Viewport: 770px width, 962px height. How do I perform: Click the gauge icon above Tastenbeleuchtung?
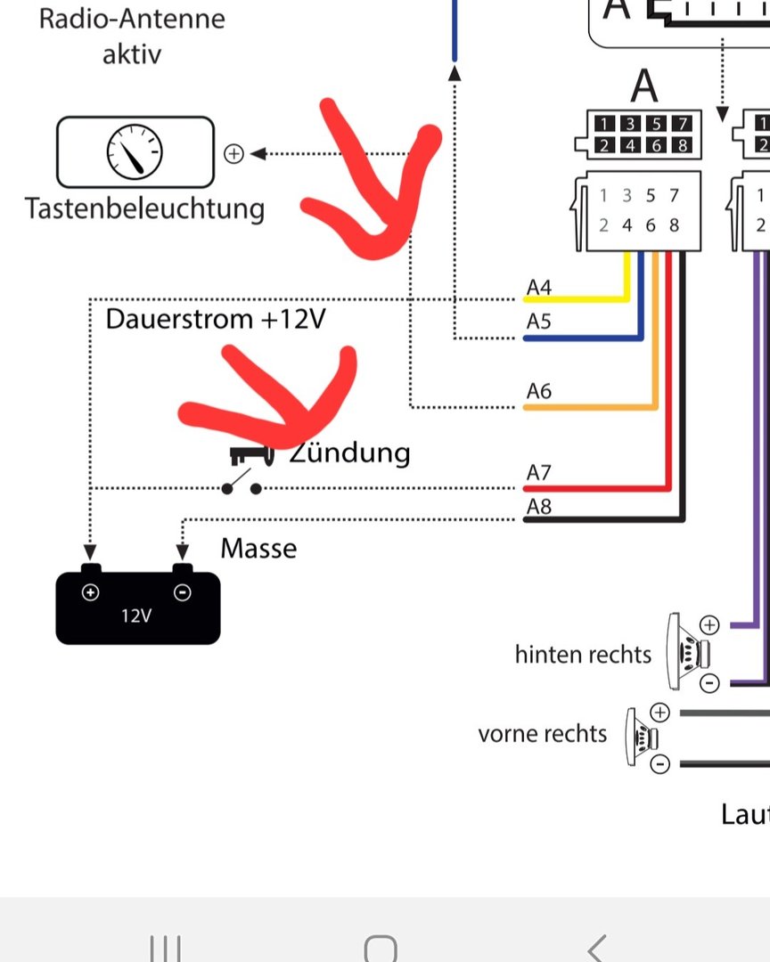[x=135, y=151]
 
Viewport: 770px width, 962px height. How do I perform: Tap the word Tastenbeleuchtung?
[x=145, y=209]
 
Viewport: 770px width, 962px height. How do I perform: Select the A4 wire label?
[x=539, y=288]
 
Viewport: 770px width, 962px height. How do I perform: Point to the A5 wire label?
[x=539, y=322]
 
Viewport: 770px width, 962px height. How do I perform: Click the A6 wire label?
[x=539, y=391]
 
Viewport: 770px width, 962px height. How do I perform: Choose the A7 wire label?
[x=539, y=473]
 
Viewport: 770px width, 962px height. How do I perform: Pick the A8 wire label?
[x=539, y=507]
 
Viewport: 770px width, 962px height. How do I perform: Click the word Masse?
[x=258, y=549]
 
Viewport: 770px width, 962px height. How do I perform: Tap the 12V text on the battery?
[x=135, y=616]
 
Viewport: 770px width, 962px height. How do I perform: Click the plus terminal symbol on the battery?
[x=90, y=592]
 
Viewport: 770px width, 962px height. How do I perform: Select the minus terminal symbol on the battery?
[x=182, y=592]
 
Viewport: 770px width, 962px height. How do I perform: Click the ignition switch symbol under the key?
[x=242, y=486]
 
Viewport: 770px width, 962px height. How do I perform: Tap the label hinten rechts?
[x=583, y=655]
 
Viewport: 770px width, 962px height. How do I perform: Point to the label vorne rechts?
[x=542, y=734]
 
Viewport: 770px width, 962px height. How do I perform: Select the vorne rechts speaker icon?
[x=642, y=738]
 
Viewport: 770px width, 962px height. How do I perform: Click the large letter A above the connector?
[x=644, y=86]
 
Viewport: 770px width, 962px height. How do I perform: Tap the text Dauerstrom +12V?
[x=215, y=319]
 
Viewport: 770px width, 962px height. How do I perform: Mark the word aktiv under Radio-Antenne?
[x=132, y=53]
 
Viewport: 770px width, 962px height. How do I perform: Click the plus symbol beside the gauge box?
[x=233, y=154]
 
